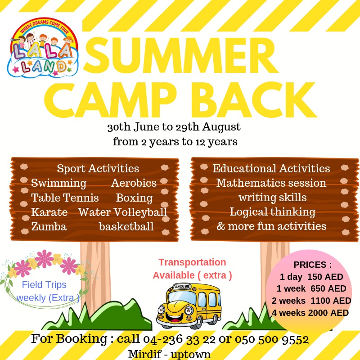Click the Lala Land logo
[x=43, y=48]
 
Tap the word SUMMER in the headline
[x=181, y=55]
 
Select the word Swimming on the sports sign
[x=59, y=183]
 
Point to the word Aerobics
[x=134, y=183]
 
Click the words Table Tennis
[x=65, y=198]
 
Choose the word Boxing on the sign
[x=134, y=198]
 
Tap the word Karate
[x=49, y=212]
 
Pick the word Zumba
[x=49, y=227]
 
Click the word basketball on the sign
[x=126, y=227]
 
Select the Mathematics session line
[x=271, y=183]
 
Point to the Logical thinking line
[x=273, y=212]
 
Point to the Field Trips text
[x=44, y=285]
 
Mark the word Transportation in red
[x=192, y=262]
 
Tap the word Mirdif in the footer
[x=145, y=354]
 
